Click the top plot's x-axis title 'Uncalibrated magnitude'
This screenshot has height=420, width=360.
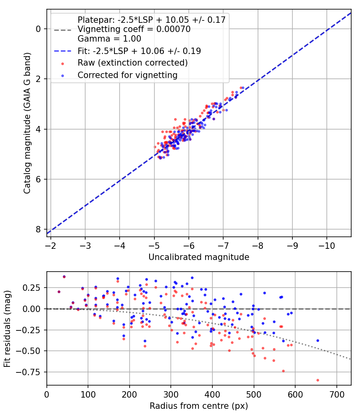click(199, 257)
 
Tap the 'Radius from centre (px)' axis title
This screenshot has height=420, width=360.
click(199, 406)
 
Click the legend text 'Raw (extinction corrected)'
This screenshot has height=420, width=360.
click(132, 63)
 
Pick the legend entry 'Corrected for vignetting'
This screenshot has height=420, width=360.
click(127, 75)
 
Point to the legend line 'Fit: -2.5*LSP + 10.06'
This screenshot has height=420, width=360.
click(139, 51)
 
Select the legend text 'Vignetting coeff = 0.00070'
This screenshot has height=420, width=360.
click(134, 29)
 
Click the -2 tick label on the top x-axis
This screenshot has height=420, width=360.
click(51, 244)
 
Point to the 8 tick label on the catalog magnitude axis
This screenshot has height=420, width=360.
click(38, 229)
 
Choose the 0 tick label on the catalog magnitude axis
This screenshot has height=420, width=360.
click(38, 29)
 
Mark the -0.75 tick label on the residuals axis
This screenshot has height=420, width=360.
click(32, 372)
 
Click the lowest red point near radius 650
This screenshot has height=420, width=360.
click(318, 380)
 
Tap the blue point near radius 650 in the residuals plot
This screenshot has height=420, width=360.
click(318, 340)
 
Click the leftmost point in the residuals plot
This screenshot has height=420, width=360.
click(59, 292)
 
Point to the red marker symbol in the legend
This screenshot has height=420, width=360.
click(62, 63)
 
